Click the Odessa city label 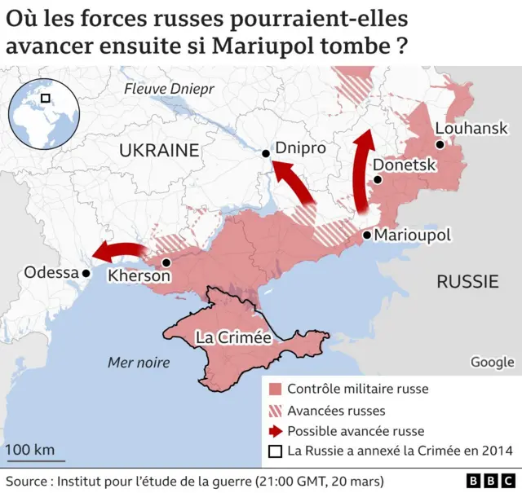tap(51, 273)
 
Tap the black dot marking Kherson tap(166, 262)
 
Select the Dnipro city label tap(300, 148)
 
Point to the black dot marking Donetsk tap(377, 180)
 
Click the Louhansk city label tap(471, 128)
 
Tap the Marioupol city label tap(412, 235)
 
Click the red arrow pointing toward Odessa tap(118, 249)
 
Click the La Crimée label tap(232, 337)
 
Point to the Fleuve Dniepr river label tap(167, 89)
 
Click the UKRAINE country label tap(159, 150)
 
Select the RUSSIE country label tap(467, 282)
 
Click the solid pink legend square tap(276, 389)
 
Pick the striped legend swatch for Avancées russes tap(276, 410)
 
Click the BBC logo tap(489, 481)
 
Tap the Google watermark tap(492, 362)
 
